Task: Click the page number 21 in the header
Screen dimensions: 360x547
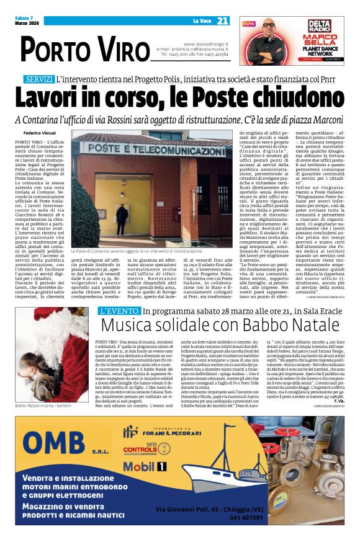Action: [x=223, y=21]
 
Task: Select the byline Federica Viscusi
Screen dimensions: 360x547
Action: [x=40, y=133]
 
